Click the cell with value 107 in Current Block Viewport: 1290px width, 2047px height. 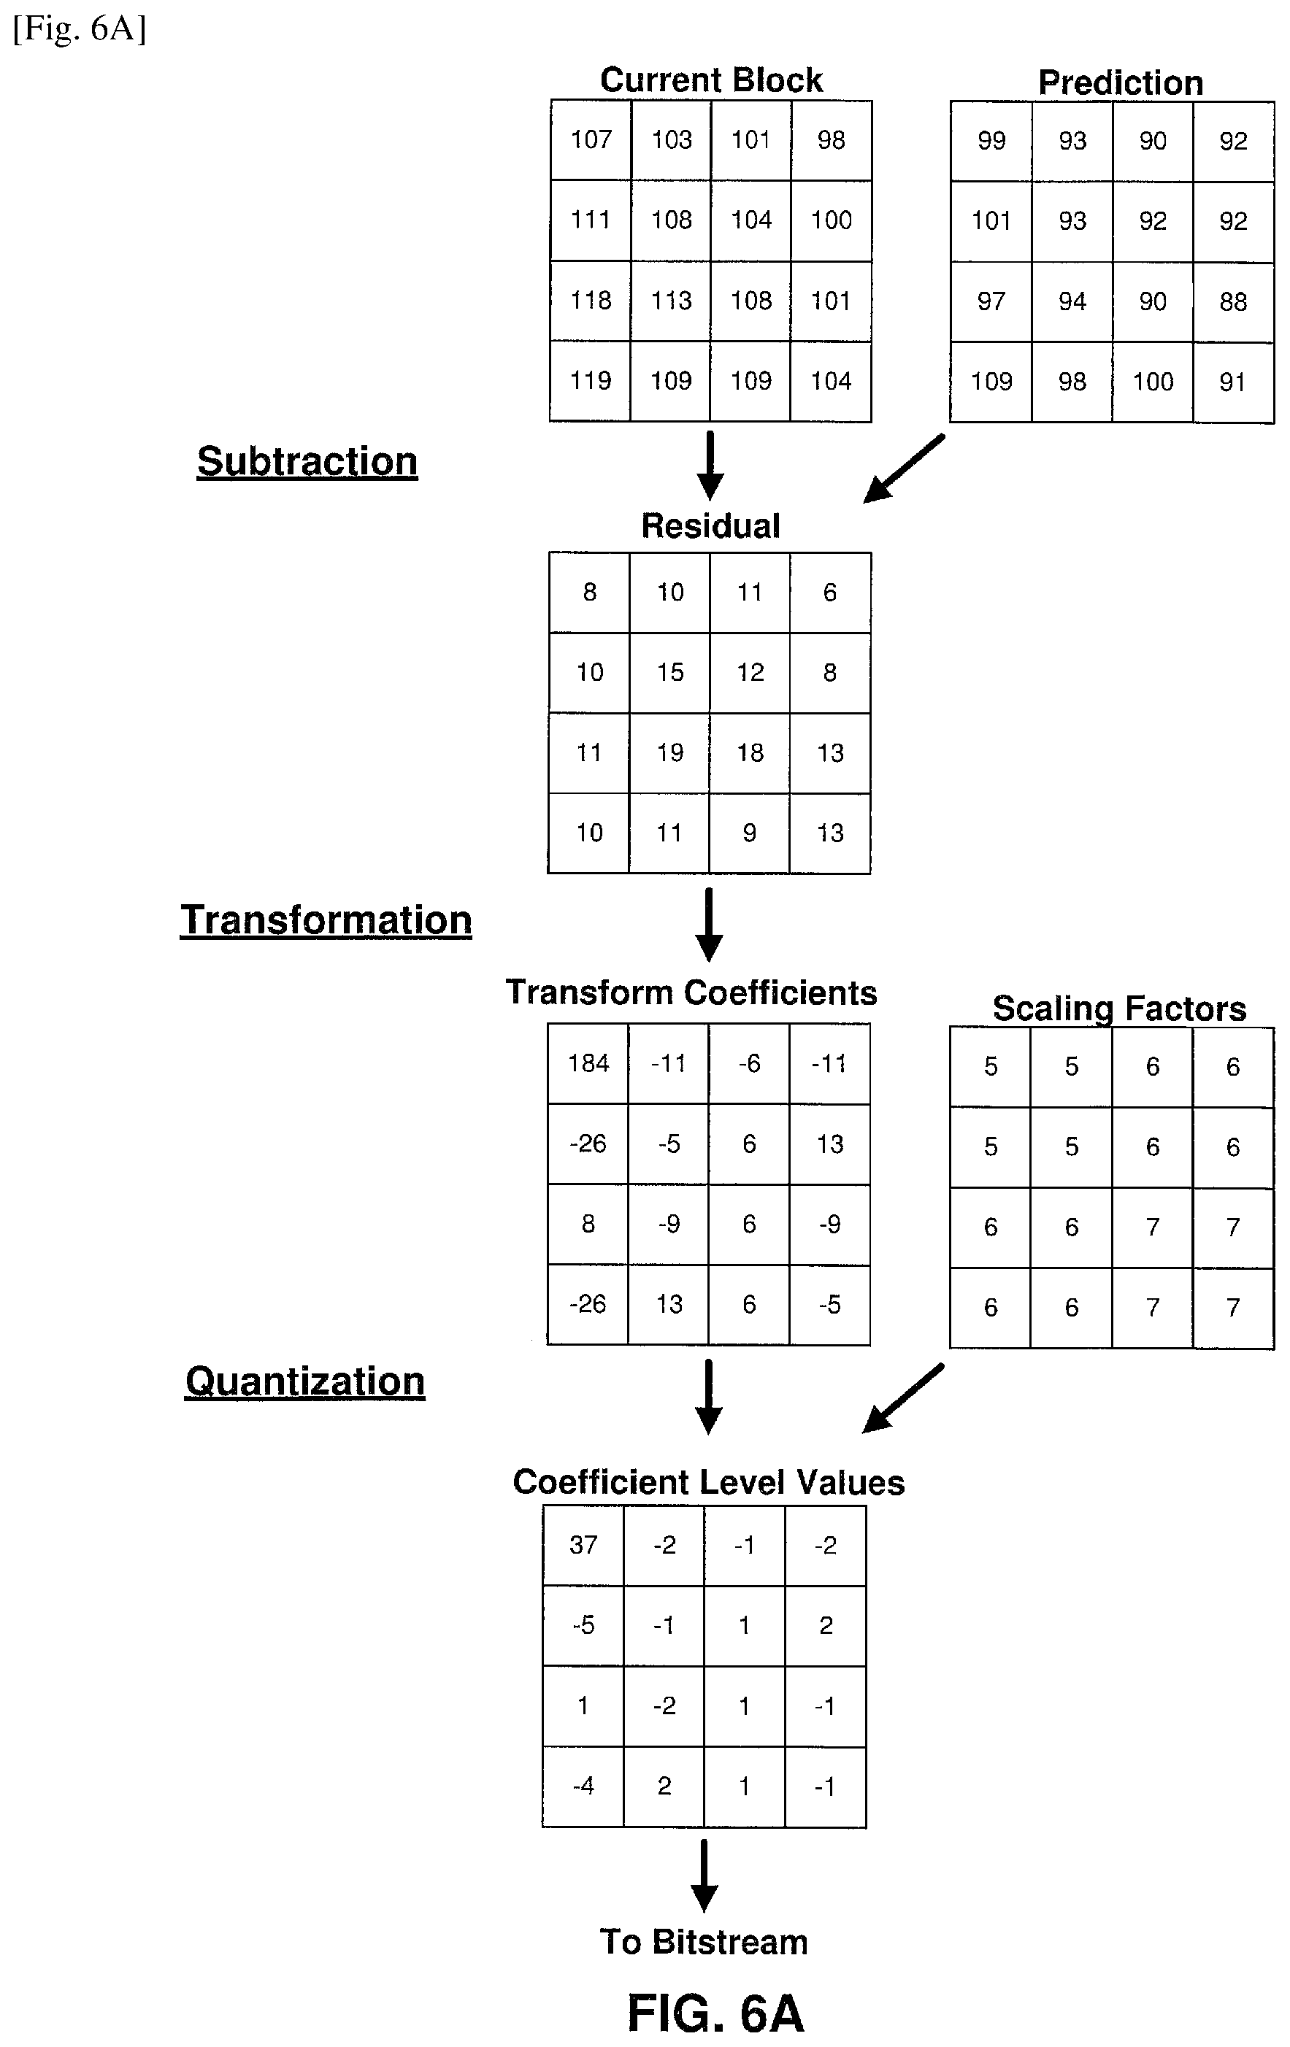pos(591,140)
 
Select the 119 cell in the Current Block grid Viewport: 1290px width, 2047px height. pos(590,381)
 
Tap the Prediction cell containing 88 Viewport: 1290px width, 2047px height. pos(1233,302)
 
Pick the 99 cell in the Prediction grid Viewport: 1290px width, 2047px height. pos(991,141)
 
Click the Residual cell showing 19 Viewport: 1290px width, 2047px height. pos(669,753)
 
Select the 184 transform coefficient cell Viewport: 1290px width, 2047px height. pos(588,1063)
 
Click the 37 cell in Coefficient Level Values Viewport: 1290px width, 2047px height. pos(583,1546)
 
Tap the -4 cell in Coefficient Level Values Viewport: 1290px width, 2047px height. pos(583,1787)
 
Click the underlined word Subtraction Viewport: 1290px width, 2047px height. pos(307,462)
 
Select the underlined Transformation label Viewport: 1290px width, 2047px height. pos(326,921)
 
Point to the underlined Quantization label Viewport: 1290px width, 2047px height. pos(305,1381)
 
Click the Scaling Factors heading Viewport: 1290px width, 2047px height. pos(1119,1009)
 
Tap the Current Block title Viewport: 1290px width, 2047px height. pos(711,80)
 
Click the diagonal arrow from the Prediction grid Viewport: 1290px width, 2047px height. pos(903,469)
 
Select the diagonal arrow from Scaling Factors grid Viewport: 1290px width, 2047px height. pos(902,1398)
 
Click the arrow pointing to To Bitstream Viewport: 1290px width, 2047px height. pos(704,1876)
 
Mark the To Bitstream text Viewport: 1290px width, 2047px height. pos(704,1942)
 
